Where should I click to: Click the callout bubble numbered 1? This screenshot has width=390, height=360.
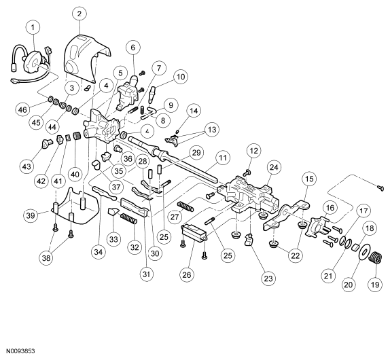[x=33, y=27]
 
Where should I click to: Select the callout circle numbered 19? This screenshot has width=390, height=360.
[x=375, y=284]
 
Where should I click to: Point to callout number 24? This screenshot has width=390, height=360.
[x=274, y=167]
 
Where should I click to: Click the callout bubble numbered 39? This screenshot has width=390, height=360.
[x=31, y=215]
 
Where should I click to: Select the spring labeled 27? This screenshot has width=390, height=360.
[x=185, y=206]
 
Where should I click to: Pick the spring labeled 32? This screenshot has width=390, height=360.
[x=128, y=219]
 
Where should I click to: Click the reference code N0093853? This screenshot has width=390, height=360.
[x=20, y=351]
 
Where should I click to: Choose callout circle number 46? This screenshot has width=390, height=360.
[x=22, y=109]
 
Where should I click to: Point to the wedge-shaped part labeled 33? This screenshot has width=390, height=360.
[x=112, y=213]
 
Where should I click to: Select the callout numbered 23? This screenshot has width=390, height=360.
[x=268, y=278]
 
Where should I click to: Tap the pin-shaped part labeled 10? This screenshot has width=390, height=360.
[x=152, y=94]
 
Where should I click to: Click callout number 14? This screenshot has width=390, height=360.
[x=194, y=111]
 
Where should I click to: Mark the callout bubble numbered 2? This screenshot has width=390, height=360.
[x=79, y=13]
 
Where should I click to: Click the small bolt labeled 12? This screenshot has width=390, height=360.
[x=247, y=172]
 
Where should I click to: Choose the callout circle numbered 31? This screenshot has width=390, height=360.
[x=147, y=274]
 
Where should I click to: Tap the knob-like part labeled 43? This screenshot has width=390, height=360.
[x=46, y=143]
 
